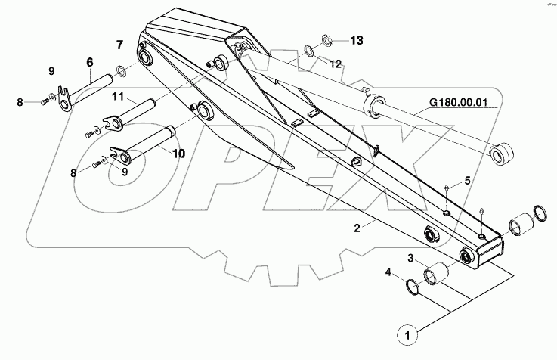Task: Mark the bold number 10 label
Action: coord(178,153)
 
